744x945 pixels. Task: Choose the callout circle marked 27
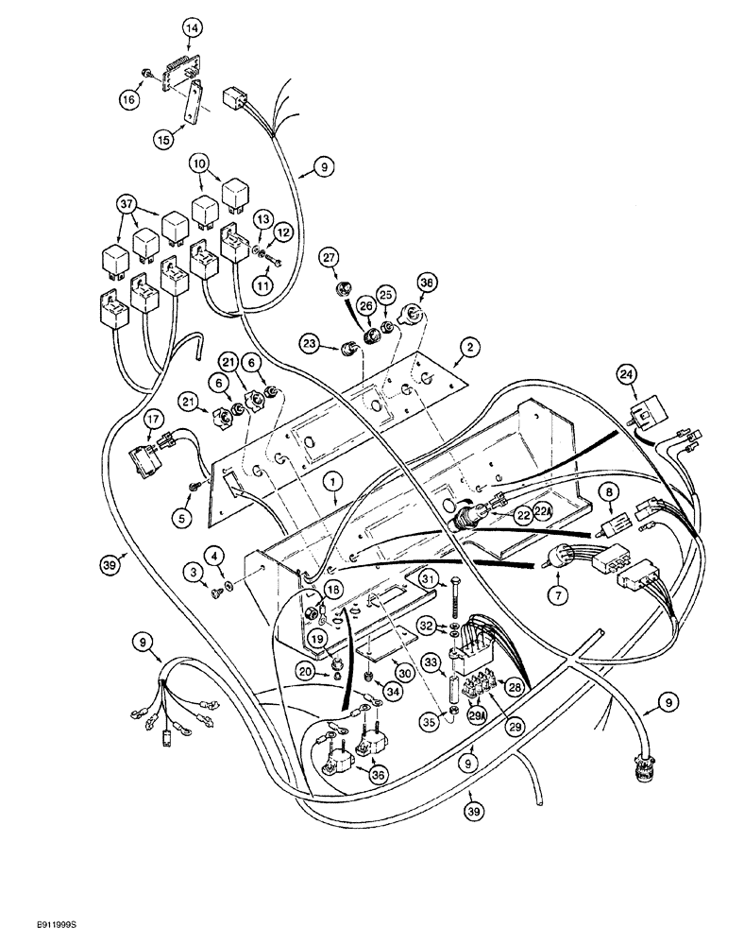tap(328, 256)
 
